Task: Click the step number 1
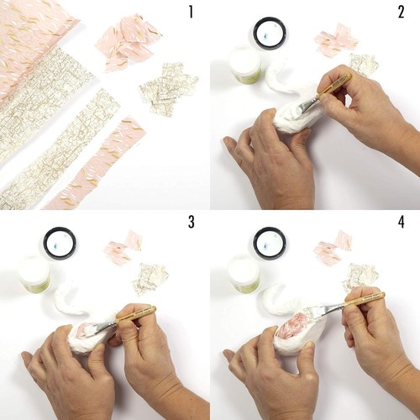point(191,13)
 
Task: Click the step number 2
point(402,13)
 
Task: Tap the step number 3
point(191,223)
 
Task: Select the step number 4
point(402,223)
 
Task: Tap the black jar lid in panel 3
point(60,243)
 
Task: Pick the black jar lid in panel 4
point(270,243)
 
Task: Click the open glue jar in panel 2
point(245,66)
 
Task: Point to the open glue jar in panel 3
point(35,275)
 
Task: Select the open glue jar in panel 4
point(244,275)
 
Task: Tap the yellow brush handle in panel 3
point(135,313)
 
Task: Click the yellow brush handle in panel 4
point(364,299)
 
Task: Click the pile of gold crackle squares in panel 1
point(169,87)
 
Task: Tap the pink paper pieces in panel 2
point(337,39)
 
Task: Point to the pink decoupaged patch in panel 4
point(291,325)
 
